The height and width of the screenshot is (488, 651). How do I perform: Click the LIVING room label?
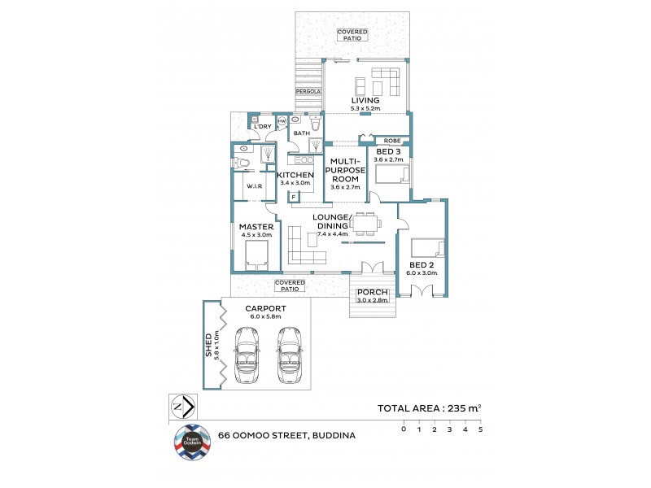pyautogui.click(x=365, y=101)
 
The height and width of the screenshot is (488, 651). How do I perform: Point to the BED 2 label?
pyautogui.click(x=422, y=265)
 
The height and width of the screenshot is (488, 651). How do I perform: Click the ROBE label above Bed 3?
pyautogui.click(x=391, y=140)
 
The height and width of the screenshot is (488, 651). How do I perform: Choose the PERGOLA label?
pyautogui.click(x=308, y=92)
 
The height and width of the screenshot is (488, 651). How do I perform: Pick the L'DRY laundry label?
pyautogui.click(x=262, y=127)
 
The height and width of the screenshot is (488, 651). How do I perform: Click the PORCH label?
pyautogui.click(x=373, y=293)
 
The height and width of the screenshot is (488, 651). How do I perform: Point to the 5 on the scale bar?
pyautogui.click(x=480, y=429)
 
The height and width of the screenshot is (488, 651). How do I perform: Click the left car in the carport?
pyautogui.click(x=247, y=355)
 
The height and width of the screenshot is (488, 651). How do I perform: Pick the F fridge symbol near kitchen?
pyautogui.click(x=292, y=196)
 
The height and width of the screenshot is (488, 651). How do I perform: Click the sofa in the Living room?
pyautogui.click(x=386, y=81)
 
